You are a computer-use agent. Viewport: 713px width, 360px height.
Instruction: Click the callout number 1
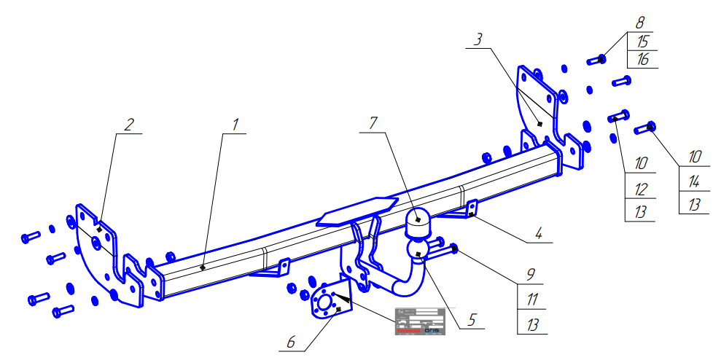(235, 125)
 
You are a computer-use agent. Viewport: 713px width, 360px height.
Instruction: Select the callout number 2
(128, 125)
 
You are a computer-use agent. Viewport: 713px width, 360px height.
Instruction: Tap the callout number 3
(478, 40)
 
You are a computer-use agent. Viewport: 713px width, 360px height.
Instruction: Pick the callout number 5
(472, 318)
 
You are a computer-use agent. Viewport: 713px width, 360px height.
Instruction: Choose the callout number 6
(292, 340)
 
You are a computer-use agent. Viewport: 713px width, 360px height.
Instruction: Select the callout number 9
(531, 275)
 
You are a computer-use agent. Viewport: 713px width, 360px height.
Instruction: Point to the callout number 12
(641, 189)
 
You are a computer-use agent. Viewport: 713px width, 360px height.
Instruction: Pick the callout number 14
(694, 180)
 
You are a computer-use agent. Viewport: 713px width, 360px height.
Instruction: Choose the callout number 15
(642, 42)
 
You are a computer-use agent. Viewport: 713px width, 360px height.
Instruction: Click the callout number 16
(642, 60)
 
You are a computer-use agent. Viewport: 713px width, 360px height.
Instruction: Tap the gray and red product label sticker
(420, 321)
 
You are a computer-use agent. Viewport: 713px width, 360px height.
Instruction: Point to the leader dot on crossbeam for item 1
(203, 267)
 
